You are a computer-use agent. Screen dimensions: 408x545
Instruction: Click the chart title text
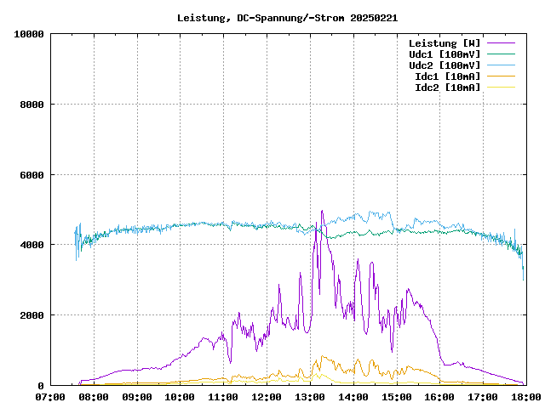pos(287,17)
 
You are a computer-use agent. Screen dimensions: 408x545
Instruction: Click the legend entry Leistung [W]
pos(444,43)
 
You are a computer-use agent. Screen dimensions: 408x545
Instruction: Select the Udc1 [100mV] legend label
pos(444,54)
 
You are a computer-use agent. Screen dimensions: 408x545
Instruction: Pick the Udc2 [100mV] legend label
pos(444,65)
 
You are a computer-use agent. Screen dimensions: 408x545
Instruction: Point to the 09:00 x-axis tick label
pos(137,396)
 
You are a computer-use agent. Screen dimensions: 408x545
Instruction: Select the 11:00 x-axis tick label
pos(223,396)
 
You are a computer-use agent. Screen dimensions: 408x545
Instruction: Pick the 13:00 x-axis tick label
pos(309,396)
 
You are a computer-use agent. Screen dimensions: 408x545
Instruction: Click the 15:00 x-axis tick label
pos(396,396)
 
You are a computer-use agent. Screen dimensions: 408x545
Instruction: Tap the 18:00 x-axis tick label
pos(525,396)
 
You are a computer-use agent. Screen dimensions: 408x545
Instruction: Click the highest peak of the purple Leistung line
pos(322,211)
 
